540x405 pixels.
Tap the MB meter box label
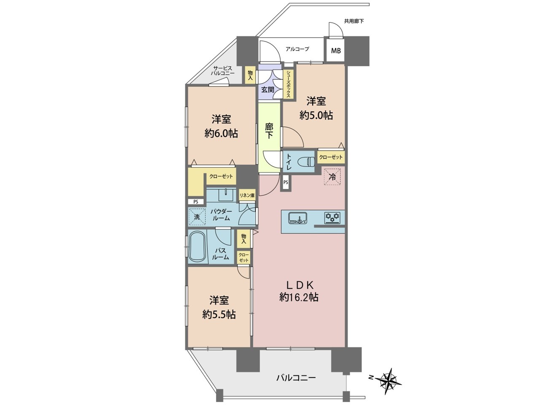tap(335, 51)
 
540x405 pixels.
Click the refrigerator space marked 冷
tap(332, 177)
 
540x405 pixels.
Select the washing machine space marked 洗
tap(197, 217)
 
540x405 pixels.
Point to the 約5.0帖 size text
tap(316, 115)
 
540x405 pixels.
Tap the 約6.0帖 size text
tap(221, 134)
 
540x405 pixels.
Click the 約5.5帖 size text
tap(219, 315)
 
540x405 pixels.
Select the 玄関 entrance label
tap(267, 89)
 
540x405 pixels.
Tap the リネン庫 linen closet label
tap(247, 195)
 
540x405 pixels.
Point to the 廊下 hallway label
tap(269, 131)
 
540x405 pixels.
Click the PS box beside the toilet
tap(286, 182)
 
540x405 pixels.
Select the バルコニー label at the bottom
tap(296, 378)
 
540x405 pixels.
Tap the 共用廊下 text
tap(354, 21)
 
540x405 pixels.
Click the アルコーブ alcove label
tap(297, 49)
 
